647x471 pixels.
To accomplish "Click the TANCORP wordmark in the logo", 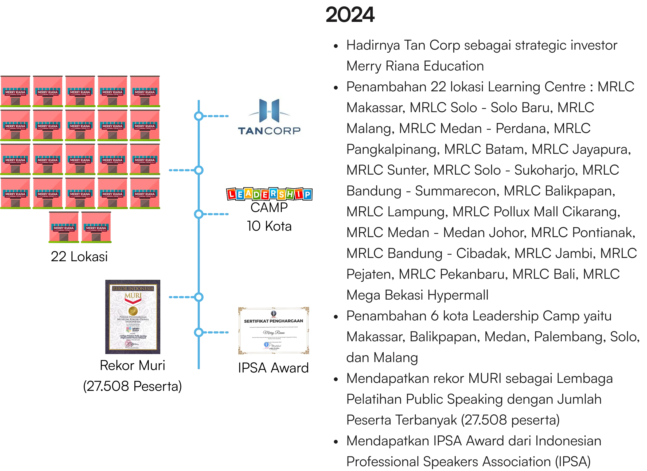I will (x=269, y=131).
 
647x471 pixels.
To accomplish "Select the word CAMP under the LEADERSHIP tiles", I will (x=269, y=207).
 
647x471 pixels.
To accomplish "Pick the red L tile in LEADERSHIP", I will (x=232, y=194).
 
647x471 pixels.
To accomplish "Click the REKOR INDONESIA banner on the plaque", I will (x=133, y=289).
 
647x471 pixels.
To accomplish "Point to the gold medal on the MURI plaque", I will (x=133, y=311).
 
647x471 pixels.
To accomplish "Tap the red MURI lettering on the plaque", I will (x=133, y=296).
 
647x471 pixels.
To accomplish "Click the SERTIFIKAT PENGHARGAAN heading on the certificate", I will (x=273, y=321).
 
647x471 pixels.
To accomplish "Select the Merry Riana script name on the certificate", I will (x=274, y=332).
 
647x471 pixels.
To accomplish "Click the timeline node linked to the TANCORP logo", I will (x=198, y=116).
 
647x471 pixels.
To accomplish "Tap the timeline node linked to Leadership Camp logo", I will (x=198, y=214).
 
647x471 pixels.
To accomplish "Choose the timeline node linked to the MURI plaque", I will (x=198, y=297).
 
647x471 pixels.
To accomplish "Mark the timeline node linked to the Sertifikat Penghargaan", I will (x=198, y=332).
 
